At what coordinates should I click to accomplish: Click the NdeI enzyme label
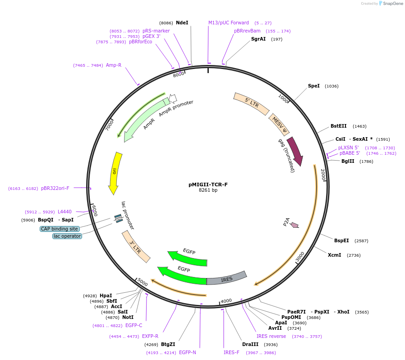[182, 23]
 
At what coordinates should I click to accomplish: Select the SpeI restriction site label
[313, 86]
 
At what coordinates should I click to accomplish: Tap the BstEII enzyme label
[338, 126]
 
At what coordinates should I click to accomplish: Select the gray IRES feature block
[226, 278]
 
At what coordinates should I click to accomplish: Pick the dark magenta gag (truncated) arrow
[295, 151]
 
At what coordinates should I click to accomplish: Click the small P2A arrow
[295, 225]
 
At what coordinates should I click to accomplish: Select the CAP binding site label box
[59, 229]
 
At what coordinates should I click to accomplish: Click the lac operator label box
[67, 236]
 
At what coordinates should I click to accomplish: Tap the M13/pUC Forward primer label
[228, 23]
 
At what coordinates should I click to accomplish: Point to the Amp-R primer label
[114, 65]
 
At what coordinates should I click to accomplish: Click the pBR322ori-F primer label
[55, 188]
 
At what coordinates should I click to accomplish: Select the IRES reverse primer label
[271, 336]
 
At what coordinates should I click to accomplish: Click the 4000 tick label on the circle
[226, 300]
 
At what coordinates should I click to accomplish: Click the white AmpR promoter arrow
[173, 98]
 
